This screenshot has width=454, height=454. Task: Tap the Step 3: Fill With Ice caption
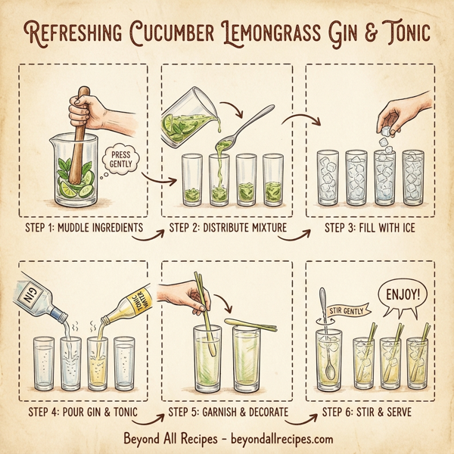[371, 228]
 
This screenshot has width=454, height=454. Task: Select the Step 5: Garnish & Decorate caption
[228, 412]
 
